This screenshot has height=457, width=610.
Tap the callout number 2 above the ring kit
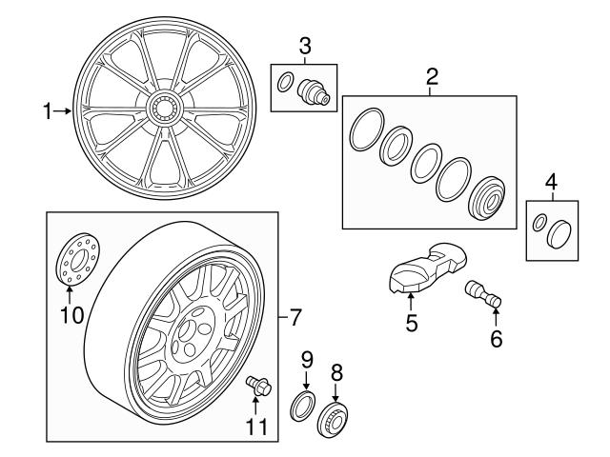[x=432, y=77]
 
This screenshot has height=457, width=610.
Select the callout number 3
[x=305, y=44]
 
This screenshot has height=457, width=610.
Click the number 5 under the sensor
[x=412, y=324]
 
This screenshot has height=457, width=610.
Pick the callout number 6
[x=495, y=337]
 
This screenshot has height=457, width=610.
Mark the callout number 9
[x=307, y=359]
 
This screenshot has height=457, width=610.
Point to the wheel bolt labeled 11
[x=257, y=385]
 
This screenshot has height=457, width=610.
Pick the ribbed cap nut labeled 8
[x=335, y=416]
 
